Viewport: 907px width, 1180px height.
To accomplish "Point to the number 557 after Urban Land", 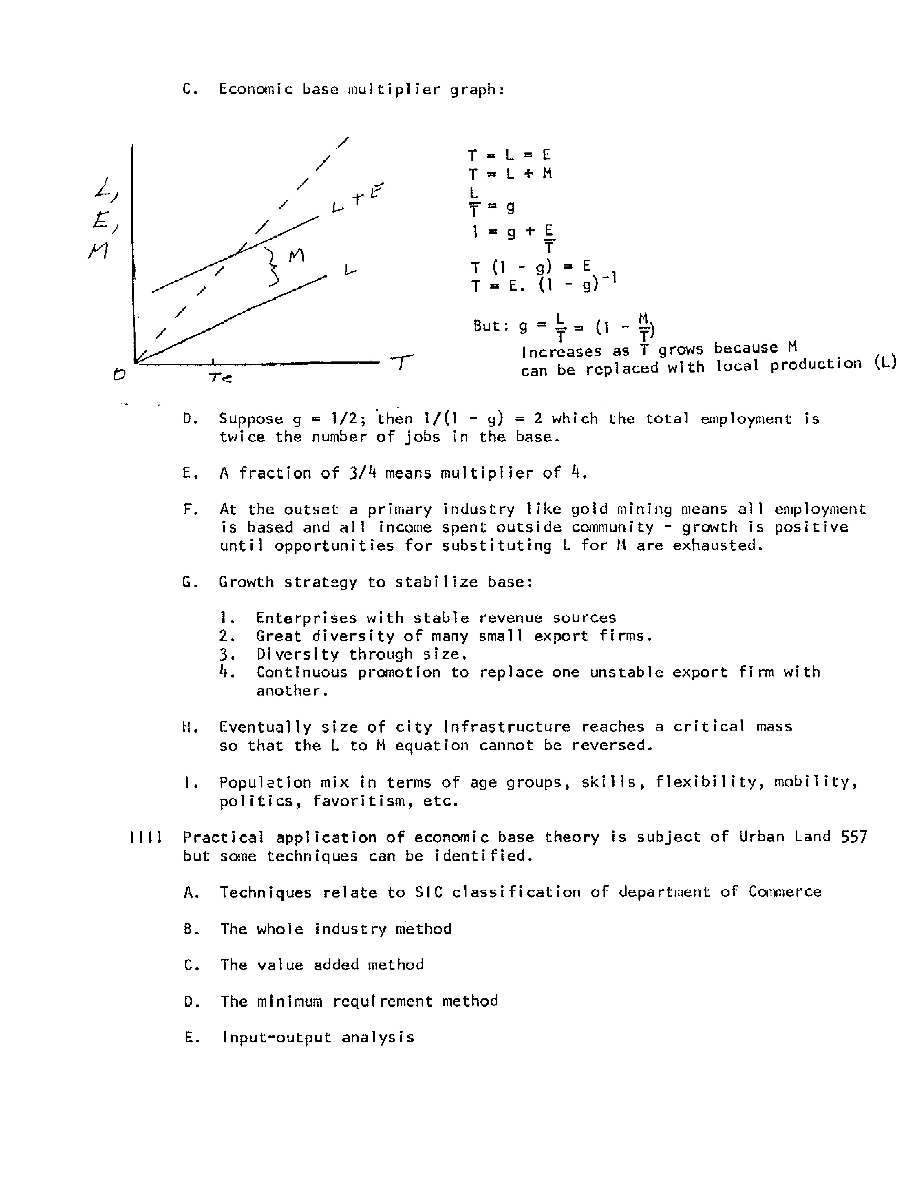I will [854, 837].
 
